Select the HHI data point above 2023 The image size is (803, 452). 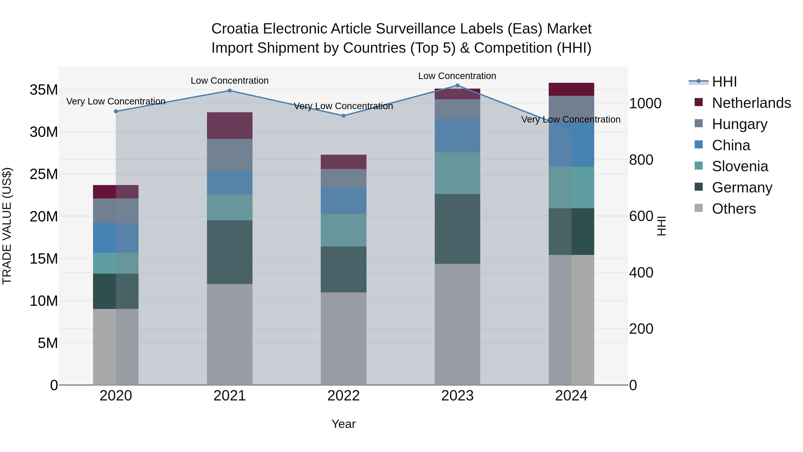click(x=457, y=85)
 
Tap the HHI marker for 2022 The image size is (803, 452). click(x=344, y=116)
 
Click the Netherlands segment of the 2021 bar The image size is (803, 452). click(x=230, y=125)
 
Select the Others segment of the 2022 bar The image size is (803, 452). click(x=344, y=338)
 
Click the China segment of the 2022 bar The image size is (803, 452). click(x=344, y=201)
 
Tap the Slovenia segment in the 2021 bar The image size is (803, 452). click(x=230, y=207)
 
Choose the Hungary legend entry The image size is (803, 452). click(x=739, y=124)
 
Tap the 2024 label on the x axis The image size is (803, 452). click(x=571, y=396)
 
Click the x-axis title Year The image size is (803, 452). click(x=344, y=424)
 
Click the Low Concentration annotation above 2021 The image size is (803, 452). click(x=230, y=81)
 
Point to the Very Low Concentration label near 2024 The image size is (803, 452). click(x=571, y=119)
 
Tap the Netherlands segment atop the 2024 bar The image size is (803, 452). click(x=571, y=89)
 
